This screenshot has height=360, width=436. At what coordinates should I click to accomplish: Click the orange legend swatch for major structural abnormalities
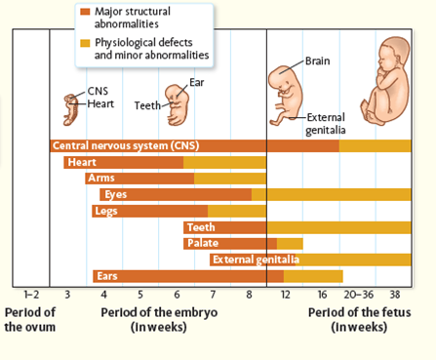(x=86, y=13)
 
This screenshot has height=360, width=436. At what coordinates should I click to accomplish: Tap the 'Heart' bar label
(x=81, y=162)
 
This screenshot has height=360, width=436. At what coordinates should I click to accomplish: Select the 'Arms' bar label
(x=100, y=179)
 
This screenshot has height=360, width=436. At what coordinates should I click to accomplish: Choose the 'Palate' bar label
(x=204, y=243)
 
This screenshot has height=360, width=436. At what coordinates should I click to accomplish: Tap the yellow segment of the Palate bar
(x=290, y=243)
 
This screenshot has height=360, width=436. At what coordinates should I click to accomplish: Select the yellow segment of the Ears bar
(x=312, y=276)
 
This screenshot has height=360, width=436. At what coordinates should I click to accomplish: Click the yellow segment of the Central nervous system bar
(x=375, y=145)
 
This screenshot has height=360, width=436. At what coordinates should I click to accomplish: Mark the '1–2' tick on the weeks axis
(x=30, y=294)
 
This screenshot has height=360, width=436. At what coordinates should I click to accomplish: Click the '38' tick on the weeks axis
(x=394, y=294)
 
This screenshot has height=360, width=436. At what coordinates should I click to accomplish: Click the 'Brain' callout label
(x=318, y=60)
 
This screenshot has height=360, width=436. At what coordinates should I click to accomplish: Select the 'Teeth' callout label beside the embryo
(x=147, y=104)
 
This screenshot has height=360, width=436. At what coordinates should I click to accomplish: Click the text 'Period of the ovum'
(x=30, y=319)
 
